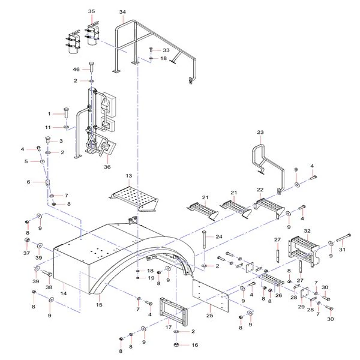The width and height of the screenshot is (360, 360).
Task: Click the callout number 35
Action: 91,11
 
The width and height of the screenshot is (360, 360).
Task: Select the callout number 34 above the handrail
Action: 122,12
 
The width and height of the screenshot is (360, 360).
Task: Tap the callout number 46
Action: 76,70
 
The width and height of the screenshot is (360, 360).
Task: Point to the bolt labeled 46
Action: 92,67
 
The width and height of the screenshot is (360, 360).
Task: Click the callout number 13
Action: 129,176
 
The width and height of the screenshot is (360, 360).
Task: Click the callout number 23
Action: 260,132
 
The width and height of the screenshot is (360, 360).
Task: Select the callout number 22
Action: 260,190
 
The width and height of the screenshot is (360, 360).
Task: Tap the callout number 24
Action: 219,236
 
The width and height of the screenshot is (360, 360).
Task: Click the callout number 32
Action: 307,231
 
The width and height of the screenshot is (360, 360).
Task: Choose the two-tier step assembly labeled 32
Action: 304,251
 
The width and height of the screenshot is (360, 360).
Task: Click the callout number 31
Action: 342,250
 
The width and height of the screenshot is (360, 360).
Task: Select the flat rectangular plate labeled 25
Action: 211,295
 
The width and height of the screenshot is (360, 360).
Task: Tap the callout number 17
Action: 169,327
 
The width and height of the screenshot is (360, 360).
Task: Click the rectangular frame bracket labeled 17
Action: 173,312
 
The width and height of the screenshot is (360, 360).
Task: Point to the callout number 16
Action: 194,345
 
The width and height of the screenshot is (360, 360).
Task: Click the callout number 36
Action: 107,167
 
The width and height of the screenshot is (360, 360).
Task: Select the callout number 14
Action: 64,293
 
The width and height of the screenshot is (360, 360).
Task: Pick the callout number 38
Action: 49,287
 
